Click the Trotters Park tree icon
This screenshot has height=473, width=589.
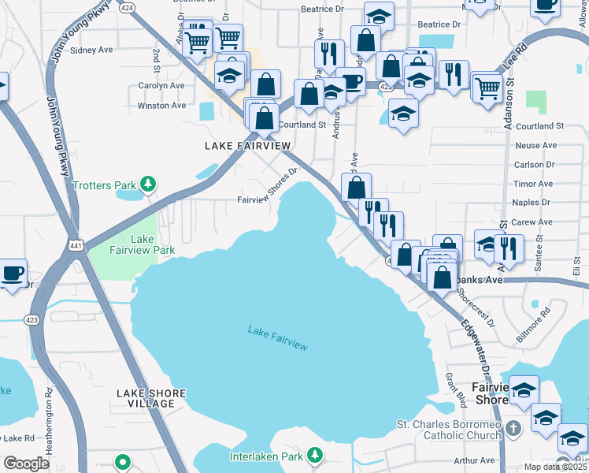click(147, 185)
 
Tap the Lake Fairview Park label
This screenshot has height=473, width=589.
click(142, 244)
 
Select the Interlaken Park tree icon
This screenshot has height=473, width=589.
click(315, 456)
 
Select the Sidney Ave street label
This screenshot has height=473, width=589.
click(92, 50)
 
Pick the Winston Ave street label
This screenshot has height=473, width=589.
click(161, 105)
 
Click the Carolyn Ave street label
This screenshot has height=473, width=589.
click(161, 85)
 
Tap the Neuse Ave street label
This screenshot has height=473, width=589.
click(535, 145)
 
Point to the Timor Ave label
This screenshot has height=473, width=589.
click(532, 184)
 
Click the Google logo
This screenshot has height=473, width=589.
click(26, 464)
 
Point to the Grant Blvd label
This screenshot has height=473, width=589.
click(456, 390)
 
